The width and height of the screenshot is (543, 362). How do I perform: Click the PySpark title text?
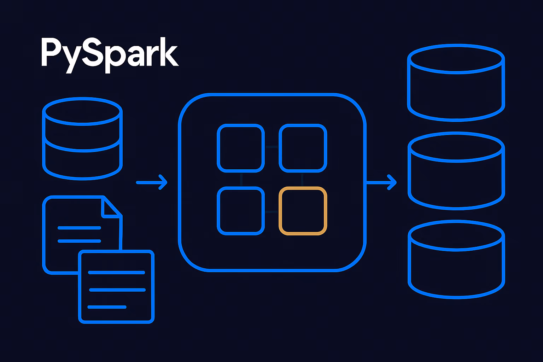pyautogui.click(x=110, y=55)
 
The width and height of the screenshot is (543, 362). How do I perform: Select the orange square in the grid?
pyautogui.click(x=303, y=211)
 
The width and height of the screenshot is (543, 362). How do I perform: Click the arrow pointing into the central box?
pyautogui.click(x=152, y=182)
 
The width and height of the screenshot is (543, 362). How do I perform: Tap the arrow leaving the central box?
pyautogui.click(x=381, y=182)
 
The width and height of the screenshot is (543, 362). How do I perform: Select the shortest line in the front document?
pyautogui.click(x=107, y=307)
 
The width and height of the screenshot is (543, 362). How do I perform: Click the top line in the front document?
pyautogui.click(x=116, y=273)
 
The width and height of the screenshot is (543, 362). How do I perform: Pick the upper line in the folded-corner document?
pyautogui.click(x=79, y=228)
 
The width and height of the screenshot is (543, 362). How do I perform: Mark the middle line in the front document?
pyautogui.click(x=117, y=290)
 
